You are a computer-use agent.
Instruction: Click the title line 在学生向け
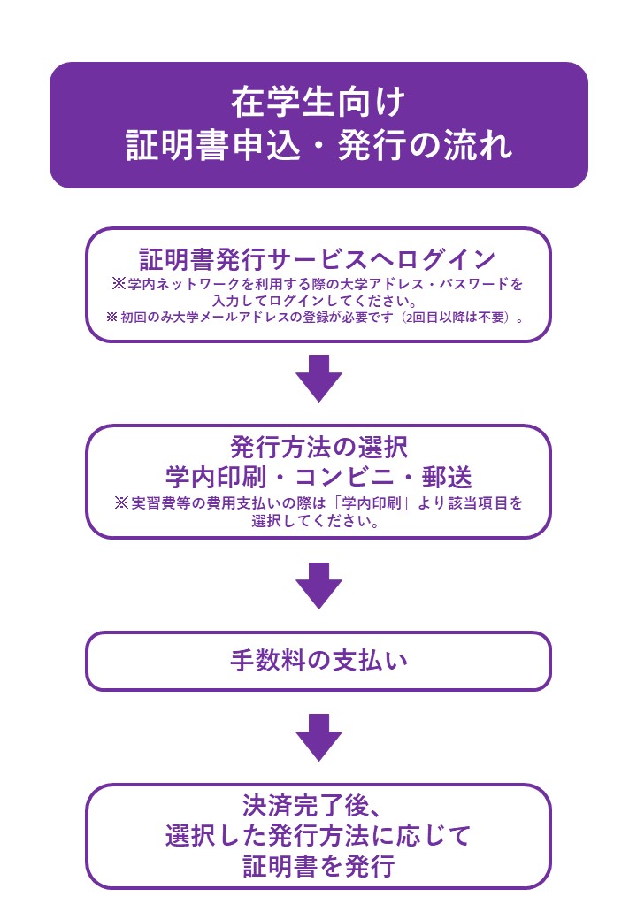pyautogui.click(x=318, y=102)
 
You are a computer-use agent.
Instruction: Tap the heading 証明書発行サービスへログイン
pyautogui.click(x=318, y=259)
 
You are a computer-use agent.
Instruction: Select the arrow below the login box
pyautogui.click(x=318, y=378)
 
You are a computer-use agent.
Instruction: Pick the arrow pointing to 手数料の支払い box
pyautogui.click(x=318, y=585)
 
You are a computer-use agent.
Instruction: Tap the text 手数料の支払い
pyautogui.click(x=318, y=662)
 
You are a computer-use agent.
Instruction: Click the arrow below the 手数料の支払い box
pyautogui.click(x=318, y=736)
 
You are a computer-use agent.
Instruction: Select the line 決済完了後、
pyautogui.click(x=318, y=806)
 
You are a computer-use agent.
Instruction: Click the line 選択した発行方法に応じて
pyautogui.click(x=318, y=836)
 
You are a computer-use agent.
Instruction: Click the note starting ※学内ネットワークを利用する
pyautogui.click(x=318, y=285)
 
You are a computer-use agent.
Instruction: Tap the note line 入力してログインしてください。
pyautogui.click(x=318, y=301)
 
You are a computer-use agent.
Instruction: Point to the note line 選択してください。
pyautogui.click(x=318, y=520)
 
